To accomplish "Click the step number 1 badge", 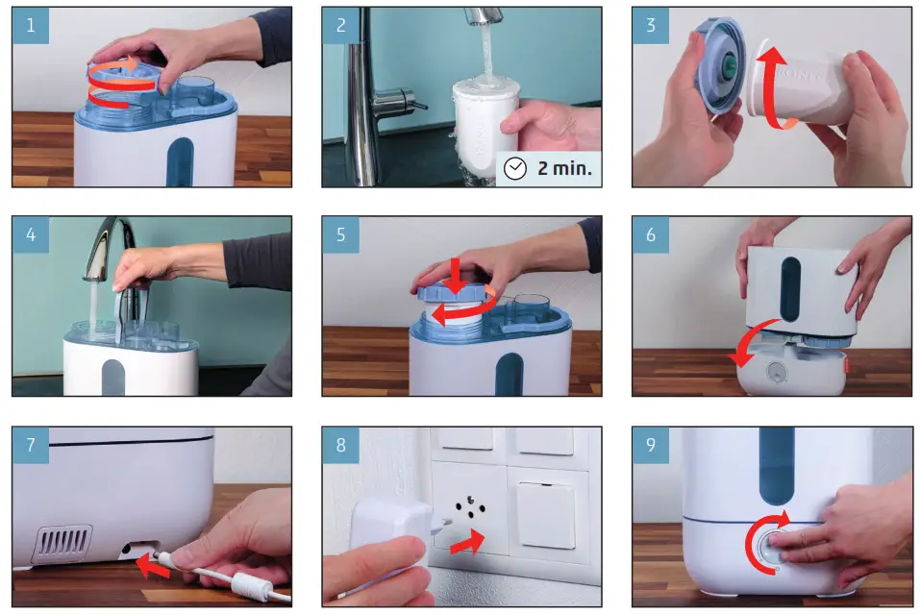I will pyautogui.click(x=30, y=26).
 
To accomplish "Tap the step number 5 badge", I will pyautogui.click(x=340, y=235).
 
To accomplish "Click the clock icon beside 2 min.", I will pyautogui.click(x=516, y=169).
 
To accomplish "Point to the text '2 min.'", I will pyautogui.click(x=565, y=169).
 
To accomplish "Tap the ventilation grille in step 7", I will pyautogui.click(x=62, y=543).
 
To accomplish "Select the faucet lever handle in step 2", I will pyautogui.click(x=394, y=97).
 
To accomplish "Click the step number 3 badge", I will pyautogui.click(x=651, y=26).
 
